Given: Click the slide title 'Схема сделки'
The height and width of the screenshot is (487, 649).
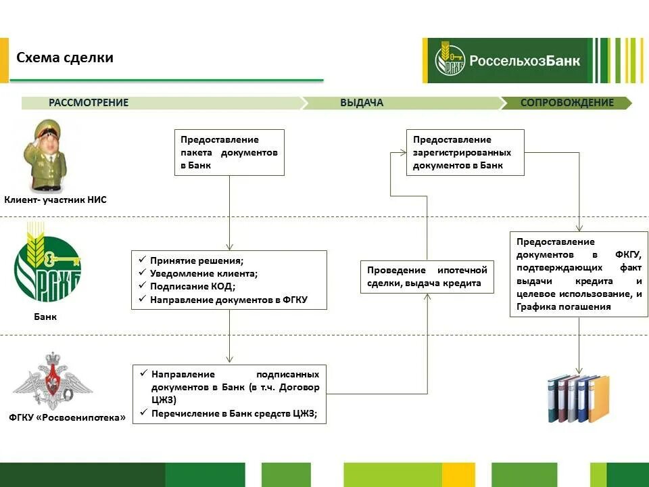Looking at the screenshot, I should [x=65, y=57].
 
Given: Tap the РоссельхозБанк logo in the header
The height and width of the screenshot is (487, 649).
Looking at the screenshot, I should [x=507, y=60].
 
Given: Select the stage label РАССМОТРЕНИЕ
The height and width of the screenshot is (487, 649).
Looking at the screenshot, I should [x=89, y=103].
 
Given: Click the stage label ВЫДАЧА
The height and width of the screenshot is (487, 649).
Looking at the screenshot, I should [x=362, y=103].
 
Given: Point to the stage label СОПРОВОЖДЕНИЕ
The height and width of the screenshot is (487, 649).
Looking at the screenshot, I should [x=567, y=103].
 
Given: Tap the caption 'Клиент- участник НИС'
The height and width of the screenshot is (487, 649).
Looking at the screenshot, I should [x=55, y=200].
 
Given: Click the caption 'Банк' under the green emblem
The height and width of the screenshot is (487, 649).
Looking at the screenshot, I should [x=45, y=316].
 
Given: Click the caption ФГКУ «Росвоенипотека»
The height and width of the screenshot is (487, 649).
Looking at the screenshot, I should [x=68, y=417].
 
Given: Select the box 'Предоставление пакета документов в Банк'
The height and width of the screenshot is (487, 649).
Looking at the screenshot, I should [x=229, y=152].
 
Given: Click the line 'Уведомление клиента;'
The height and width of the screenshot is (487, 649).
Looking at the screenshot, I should [x=204, y=273].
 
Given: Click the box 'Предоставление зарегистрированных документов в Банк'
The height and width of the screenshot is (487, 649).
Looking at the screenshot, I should [x=465, y=152].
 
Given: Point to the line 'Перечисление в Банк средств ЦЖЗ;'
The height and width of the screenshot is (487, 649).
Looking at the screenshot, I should [x=234, y=414].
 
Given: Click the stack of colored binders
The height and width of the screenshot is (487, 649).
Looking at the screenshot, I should [x=578, y=398].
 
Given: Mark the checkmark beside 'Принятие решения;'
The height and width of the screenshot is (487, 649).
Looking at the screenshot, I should [x=142, y=260].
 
